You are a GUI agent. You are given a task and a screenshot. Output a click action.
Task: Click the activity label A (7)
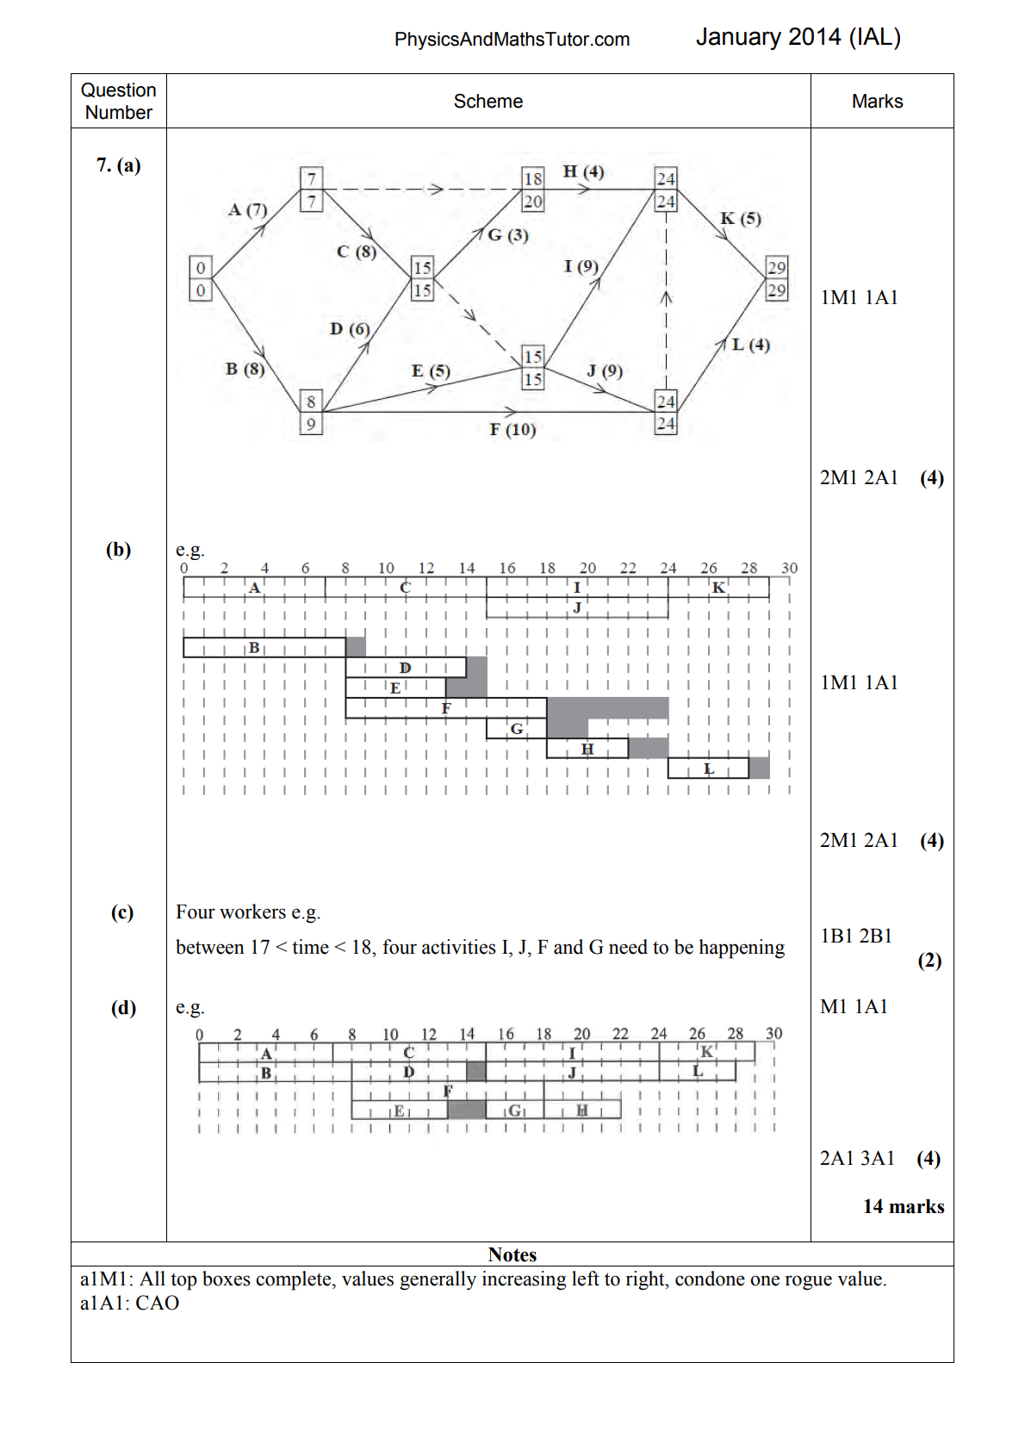[247, 209]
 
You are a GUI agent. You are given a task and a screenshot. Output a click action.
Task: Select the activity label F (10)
[512, 429]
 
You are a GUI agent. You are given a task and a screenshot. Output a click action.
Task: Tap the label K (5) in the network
[741, 218]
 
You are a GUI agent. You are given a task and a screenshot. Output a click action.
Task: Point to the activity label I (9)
[581, 265]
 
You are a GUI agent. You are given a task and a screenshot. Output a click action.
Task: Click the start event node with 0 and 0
[201, 278]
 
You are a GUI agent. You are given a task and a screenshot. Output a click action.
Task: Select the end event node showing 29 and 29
[777, 278]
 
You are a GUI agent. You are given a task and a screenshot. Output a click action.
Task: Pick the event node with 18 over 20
[533, 190]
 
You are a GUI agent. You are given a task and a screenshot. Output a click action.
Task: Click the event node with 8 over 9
[311, 412]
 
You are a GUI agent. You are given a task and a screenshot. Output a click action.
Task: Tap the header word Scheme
[488, 102]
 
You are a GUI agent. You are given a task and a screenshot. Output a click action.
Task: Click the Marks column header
[877, 102]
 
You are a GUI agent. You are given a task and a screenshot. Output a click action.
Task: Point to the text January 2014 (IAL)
[798, 37]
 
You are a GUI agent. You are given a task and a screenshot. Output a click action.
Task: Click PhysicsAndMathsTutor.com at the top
[512, 40]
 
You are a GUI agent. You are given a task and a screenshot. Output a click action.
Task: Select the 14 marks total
[904, 1206]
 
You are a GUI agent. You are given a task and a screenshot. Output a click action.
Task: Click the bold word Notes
[512, 1254]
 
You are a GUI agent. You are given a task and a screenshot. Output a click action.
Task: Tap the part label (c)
[122, 912]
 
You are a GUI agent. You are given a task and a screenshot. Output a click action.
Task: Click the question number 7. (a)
[119, 165]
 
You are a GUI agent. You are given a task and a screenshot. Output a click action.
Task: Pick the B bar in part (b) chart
[264, 647]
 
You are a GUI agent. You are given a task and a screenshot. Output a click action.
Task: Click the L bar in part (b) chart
[708, 769]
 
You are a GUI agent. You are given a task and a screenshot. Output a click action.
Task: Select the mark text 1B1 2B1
[856, 936]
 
